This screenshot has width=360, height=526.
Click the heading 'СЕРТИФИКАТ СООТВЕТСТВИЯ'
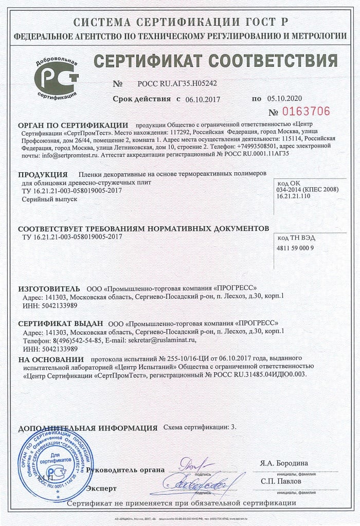(x=215, y=61)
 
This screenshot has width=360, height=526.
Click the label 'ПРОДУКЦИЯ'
(x=43, y=174)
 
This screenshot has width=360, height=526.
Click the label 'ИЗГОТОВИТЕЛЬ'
(x=49, y=288)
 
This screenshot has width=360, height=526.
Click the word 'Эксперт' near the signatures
(x=102, y=487)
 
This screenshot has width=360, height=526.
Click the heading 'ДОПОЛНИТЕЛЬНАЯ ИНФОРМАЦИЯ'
(x=87, y=428)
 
